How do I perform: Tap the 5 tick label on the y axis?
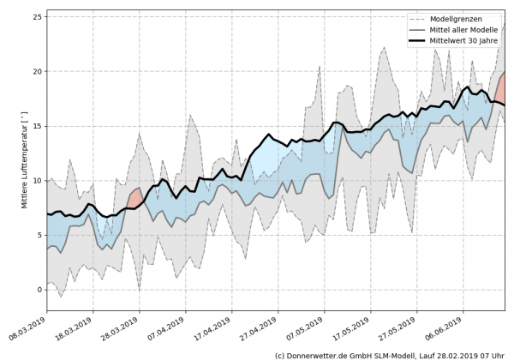point(38,235)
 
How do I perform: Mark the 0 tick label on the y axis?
point(38,290)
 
